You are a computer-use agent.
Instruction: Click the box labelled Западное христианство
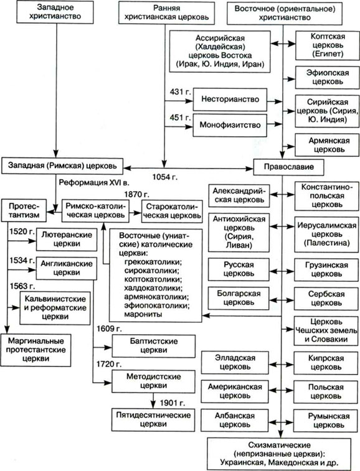(x=55, y=12)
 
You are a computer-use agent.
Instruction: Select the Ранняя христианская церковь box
(x=167, y=12)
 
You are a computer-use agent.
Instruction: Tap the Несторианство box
(x=230, y=99)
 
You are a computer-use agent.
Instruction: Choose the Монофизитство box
(x=230, y=125)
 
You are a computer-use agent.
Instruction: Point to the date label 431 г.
(x=180, y=92)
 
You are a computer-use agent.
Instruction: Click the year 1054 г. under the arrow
(x=165, y=177)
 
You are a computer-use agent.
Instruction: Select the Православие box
(x=289, y=167)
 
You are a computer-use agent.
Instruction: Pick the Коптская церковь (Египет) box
(x=328, y=45)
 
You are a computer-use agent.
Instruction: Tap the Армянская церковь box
(x=328, y=145)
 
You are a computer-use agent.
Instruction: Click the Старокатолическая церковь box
(x=172, y=211)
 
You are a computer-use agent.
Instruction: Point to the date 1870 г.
(x=137, y=194)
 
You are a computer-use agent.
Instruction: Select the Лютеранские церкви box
(x=67, y=239)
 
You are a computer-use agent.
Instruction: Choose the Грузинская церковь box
(x=326, y=269)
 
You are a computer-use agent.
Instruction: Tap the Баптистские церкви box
(x=154, y=346)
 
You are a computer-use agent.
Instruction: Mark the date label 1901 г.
(x=173, y=403)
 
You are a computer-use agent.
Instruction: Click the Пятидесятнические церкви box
(x=153, y=419)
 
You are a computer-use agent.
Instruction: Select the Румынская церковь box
(x=326, y=421)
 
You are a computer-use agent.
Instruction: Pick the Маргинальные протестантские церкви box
(x=36, y=350)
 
